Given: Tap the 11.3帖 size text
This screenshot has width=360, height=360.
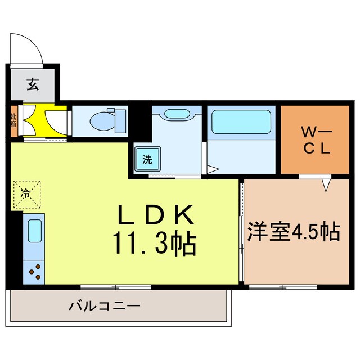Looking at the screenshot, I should coord(156,244).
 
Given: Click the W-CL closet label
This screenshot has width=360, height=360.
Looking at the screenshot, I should coord(317,140).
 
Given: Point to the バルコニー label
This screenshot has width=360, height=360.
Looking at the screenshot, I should coord(105,307).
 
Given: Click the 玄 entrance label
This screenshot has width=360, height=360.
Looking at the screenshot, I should coord(32,85).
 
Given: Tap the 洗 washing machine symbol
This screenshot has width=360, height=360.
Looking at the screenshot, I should coord(147,159).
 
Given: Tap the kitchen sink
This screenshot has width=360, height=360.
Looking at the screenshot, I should coord(34,232).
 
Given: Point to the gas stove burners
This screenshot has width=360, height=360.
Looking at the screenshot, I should coord(34,272).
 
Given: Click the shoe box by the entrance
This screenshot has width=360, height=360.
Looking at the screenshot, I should coord(13,120).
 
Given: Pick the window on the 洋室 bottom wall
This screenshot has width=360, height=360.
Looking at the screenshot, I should coord(283,287).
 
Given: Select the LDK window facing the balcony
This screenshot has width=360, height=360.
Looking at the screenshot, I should coord(115,287).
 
